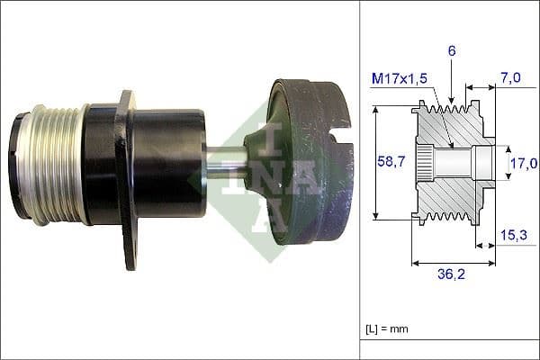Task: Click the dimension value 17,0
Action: tap(524, 163)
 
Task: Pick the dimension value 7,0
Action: tap(512, 78)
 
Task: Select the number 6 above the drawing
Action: tap(452, 52)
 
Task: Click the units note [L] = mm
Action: tap(388, 329)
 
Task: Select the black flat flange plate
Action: tap(127, 180)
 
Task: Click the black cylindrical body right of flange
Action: tap(171, 162)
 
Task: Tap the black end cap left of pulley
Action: tap(19, 164)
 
